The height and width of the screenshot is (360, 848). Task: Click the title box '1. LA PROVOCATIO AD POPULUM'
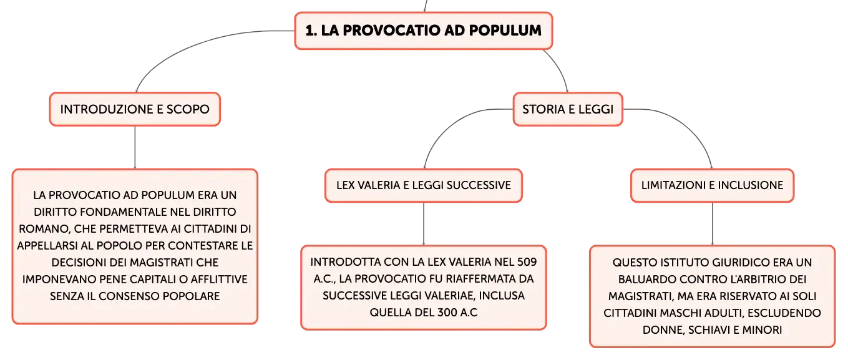click(x=424, y=31)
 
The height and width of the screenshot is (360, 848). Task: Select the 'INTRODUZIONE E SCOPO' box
click(x=135, y=109)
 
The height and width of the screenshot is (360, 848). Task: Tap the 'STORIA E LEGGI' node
click(x=568, y=109)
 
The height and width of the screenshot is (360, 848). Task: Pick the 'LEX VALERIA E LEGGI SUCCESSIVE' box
click(x=424, y=185)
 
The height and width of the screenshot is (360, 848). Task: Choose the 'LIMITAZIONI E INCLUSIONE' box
click(x=712, y=185)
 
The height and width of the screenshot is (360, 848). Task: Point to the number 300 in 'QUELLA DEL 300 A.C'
click(x=447, y=313)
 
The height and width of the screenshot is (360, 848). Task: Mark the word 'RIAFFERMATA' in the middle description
click(x=481, y=279)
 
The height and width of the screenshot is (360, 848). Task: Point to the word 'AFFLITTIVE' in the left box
click(x=219, y=280)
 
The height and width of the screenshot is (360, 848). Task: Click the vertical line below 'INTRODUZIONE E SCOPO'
click(x=135, y=147)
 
